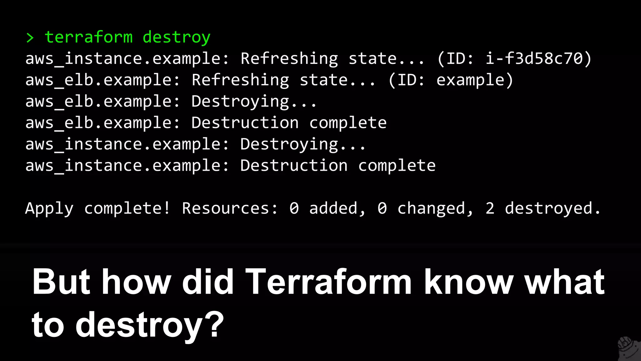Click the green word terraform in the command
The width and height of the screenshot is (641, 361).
tap(89, 37)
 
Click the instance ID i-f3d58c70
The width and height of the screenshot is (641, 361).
tap(534, 59)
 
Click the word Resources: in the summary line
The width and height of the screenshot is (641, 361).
tap(230, 208)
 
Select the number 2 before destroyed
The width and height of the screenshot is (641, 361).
tap(490, 208)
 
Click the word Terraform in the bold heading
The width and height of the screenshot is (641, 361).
tap(328, 282)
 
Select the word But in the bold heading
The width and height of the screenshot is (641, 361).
tap(61, 282)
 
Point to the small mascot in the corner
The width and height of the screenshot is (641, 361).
tap(628, 348)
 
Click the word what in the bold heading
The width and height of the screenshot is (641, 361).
tap(565, 282)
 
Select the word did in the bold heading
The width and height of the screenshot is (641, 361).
tap(208, 282)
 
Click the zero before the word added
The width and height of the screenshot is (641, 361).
tap(294, 208)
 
